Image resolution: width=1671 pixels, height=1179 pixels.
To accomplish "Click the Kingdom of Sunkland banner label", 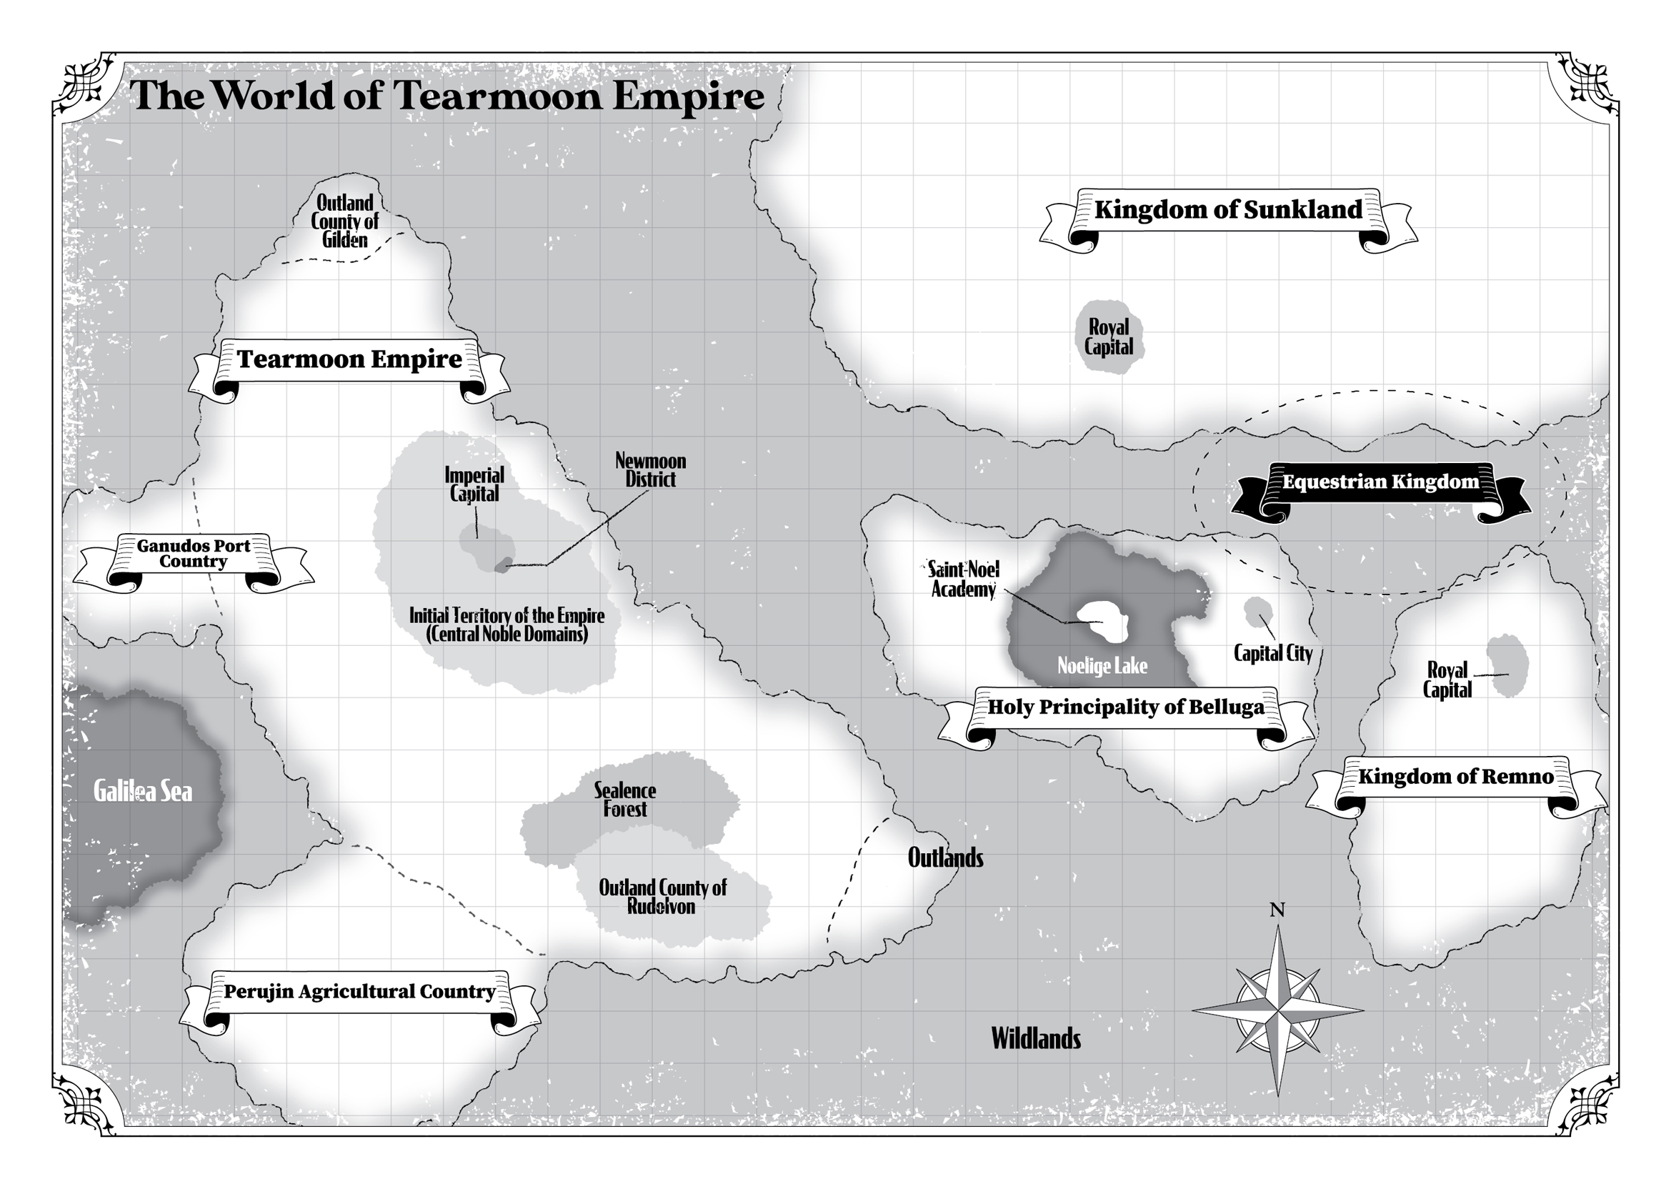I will coord(1228,210).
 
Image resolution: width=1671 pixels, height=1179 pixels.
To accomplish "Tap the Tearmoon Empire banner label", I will coord(349,359).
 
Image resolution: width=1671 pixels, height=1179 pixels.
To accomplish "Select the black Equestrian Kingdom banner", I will coord(1380,482).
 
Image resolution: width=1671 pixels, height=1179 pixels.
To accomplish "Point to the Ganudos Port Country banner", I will coord(194,554).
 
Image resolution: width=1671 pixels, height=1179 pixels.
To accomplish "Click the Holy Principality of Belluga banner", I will coord(1125,707).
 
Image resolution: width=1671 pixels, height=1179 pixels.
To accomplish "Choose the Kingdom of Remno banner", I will coord(1455,777).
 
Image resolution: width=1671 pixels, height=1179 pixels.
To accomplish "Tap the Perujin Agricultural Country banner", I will coord(359,992).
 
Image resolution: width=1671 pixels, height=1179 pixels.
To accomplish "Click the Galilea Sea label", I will coord(144,792).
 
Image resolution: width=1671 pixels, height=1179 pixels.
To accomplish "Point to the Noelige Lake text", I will coord(1102,666).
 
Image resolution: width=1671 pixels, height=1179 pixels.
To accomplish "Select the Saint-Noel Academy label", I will coord(964,579).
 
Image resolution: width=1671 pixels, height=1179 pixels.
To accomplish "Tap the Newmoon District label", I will coord(651,470).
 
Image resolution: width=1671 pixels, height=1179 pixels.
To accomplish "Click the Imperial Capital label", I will coord(474,484).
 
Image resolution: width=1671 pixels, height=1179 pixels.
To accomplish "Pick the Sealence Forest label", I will coord(624,800).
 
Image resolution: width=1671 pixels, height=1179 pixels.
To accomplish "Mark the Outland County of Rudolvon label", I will coord(662,897).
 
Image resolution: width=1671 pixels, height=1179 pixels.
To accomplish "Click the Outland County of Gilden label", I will coord(345,222).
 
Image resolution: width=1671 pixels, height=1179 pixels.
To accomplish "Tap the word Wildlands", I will coord(1036,1039).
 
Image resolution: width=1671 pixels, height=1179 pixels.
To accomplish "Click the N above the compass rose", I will coord(1277,910).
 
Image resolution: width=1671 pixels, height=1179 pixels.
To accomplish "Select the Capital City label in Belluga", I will coord(1273,654).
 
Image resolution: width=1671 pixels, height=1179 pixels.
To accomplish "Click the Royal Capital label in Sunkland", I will coord(1109,337).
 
